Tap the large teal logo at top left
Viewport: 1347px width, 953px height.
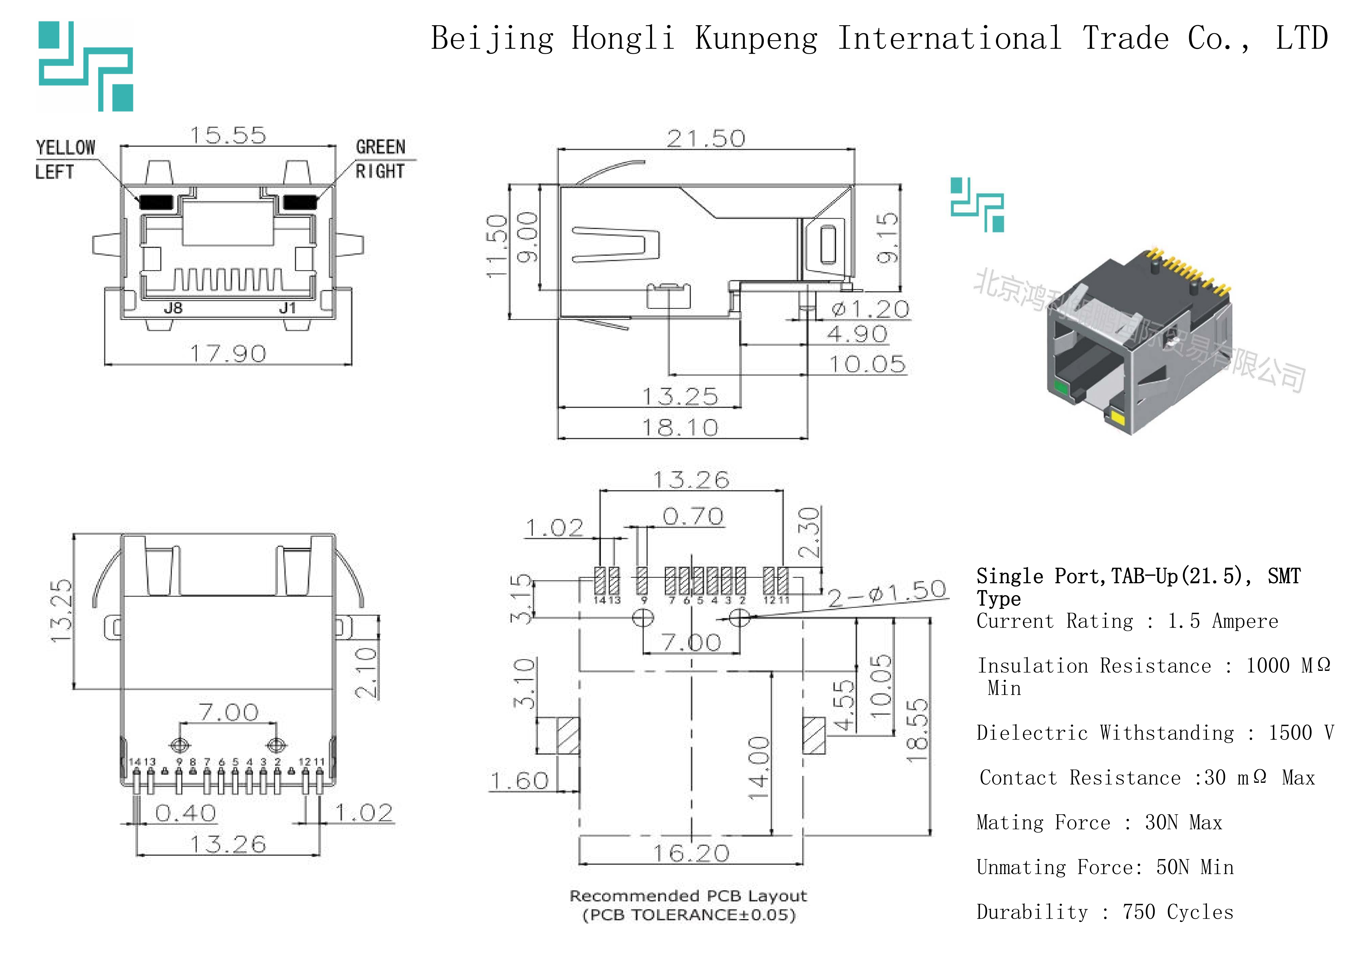tap(86, 66)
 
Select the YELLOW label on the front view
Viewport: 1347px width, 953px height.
tap(65, 147)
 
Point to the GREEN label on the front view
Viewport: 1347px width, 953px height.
tap(380, 147)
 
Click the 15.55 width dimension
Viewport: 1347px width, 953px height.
tap(228, 136)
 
